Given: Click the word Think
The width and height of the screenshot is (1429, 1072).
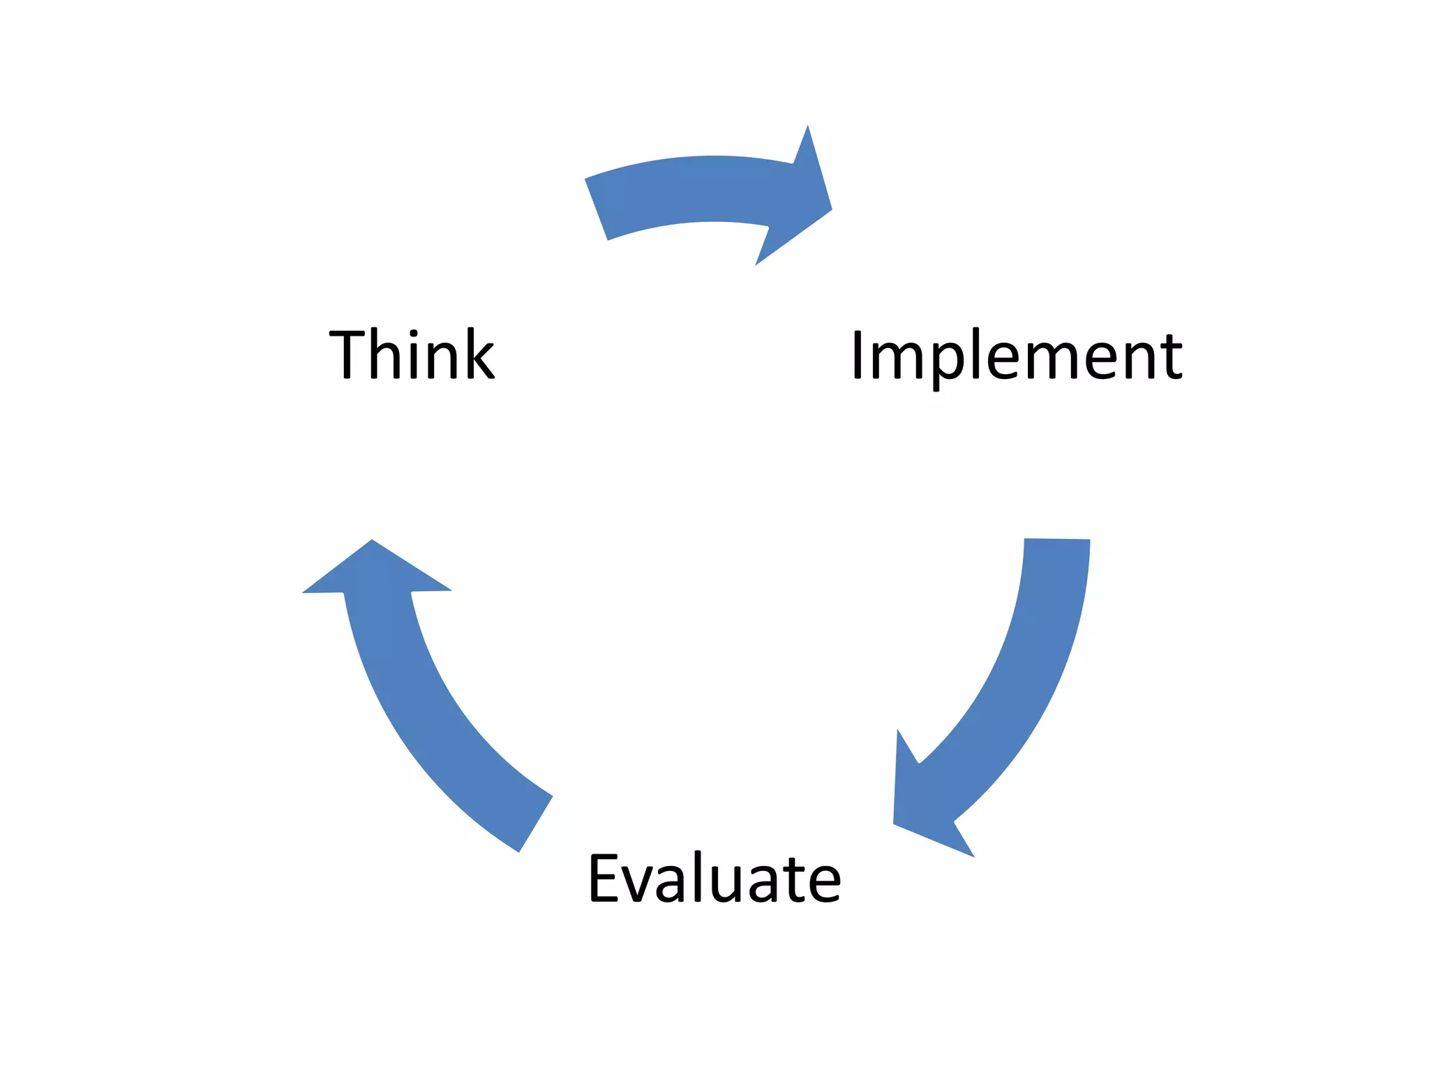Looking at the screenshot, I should click(412, 354).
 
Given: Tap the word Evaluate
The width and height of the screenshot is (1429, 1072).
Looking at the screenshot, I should click(714, 878).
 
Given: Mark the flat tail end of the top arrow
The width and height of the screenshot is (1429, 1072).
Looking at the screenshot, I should click(597, 209).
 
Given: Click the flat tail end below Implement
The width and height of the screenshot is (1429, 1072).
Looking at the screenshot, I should click(1056, 540).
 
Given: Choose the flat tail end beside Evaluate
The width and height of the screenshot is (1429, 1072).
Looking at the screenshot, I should click(535, 824).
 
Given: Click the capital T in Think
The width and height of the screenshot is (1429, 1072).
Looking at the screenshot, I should click(347, 354).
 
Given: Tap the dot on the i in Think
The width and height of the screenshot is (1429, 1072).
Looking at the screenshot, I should click(414, 333).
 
